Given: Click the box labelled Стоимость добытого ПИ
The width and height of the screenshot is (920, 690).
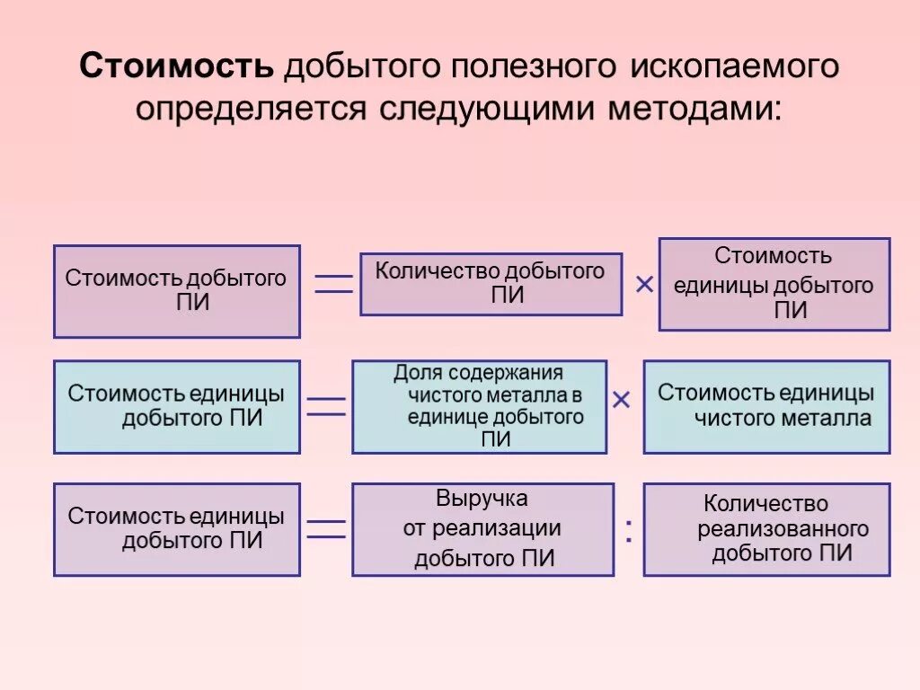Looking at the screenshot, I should pos(177,291).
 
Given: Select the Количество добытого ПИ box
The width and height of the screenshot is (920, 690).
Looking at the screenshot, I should pos(491,284).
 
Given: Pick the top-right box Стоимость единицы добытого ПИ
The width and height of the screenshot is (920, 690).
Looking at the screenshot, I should pos(774,284).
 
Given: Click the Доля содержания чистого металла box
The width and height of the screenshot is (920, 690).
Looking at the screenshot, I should pos(479,406).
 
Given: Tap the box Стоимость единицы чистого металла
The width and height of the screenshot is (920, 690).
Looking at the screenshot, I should pos(766,406).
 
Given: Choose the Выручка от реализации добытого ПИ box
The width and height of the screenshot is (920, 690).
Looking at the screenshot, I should pos(482,529).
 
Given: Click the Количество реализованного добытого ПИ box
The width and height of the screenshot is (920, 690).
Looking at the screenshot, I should pos(766,529).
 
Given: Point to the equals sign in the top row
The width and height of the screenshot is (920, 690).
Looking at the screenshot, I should pos(332,284).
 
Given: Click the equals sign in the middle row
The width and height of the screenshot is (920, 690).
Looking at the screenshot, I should pos(326,406).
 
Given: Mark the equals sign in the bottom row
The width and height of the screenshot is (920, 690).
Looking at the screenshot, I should pos(326,529).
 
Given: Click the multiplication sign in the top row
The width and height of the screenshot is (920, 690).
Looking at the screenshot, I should pos(644,285).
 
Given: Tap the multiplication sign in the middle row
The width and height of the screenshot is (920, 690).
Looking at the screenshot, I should pos(621,400).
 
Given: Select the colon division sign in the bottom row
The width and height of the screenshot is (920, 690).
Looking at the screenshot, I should pos(628,531).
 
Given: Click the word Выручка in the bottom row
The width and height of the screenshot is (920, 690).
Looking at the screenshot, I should pos(482,499).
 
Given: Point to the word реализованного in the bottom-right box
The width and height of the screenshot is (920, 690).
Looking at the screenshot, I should pos(783,528).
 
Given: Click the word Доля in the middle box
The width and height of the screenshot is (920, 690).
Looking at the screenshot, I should pos(415,372).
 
